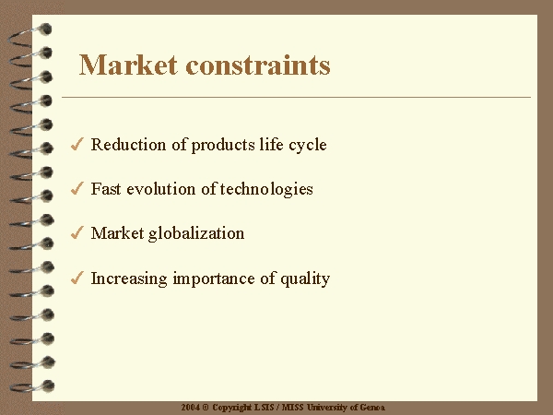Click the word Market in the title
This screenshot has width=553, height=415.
click(x=128, y=65)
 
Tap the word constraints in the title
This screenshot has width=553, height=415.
click(x=258, y=65)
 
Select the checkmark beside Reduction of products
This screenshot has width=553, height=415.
click(x=76, y=144)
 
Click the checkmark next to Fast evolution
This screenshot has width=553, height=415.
click(x=76, y=188)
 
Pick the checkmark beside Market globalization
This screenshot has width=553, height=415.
click(x=76, y=232)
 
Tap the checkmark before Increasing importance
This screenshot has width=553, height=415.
click(x=76, y=278)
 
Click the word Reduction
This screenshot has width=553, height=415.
click(x=128, y=145)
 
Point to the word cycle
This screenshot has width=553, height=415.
click(x=308, y=146)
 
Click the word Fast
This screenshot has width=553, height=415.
click(x=106, y=189)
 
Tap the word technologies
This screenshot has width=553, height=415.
click(x=266, y=190)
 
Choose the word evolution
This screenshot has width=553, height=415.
click(x=160, y=189)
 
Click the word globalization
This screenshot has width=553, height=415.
click(x=196, y=234)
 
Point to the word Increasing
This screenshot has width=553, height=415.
click(x=129, y=279)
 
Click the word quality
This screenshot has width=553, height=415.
click(x=305, y=279)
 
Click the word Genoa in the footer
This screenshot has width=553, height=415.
click(x=372, y=408)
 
